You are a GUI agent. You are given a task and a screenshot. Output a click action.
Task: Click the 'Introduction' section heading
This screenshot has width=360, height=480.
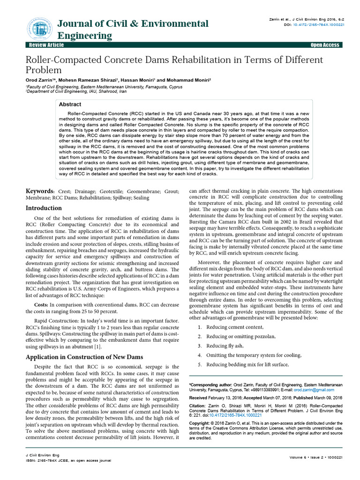coord(44,208)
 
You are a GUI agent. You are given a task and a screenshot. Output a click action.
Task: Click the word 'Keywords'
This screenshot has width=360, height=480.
coord(40,192)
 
